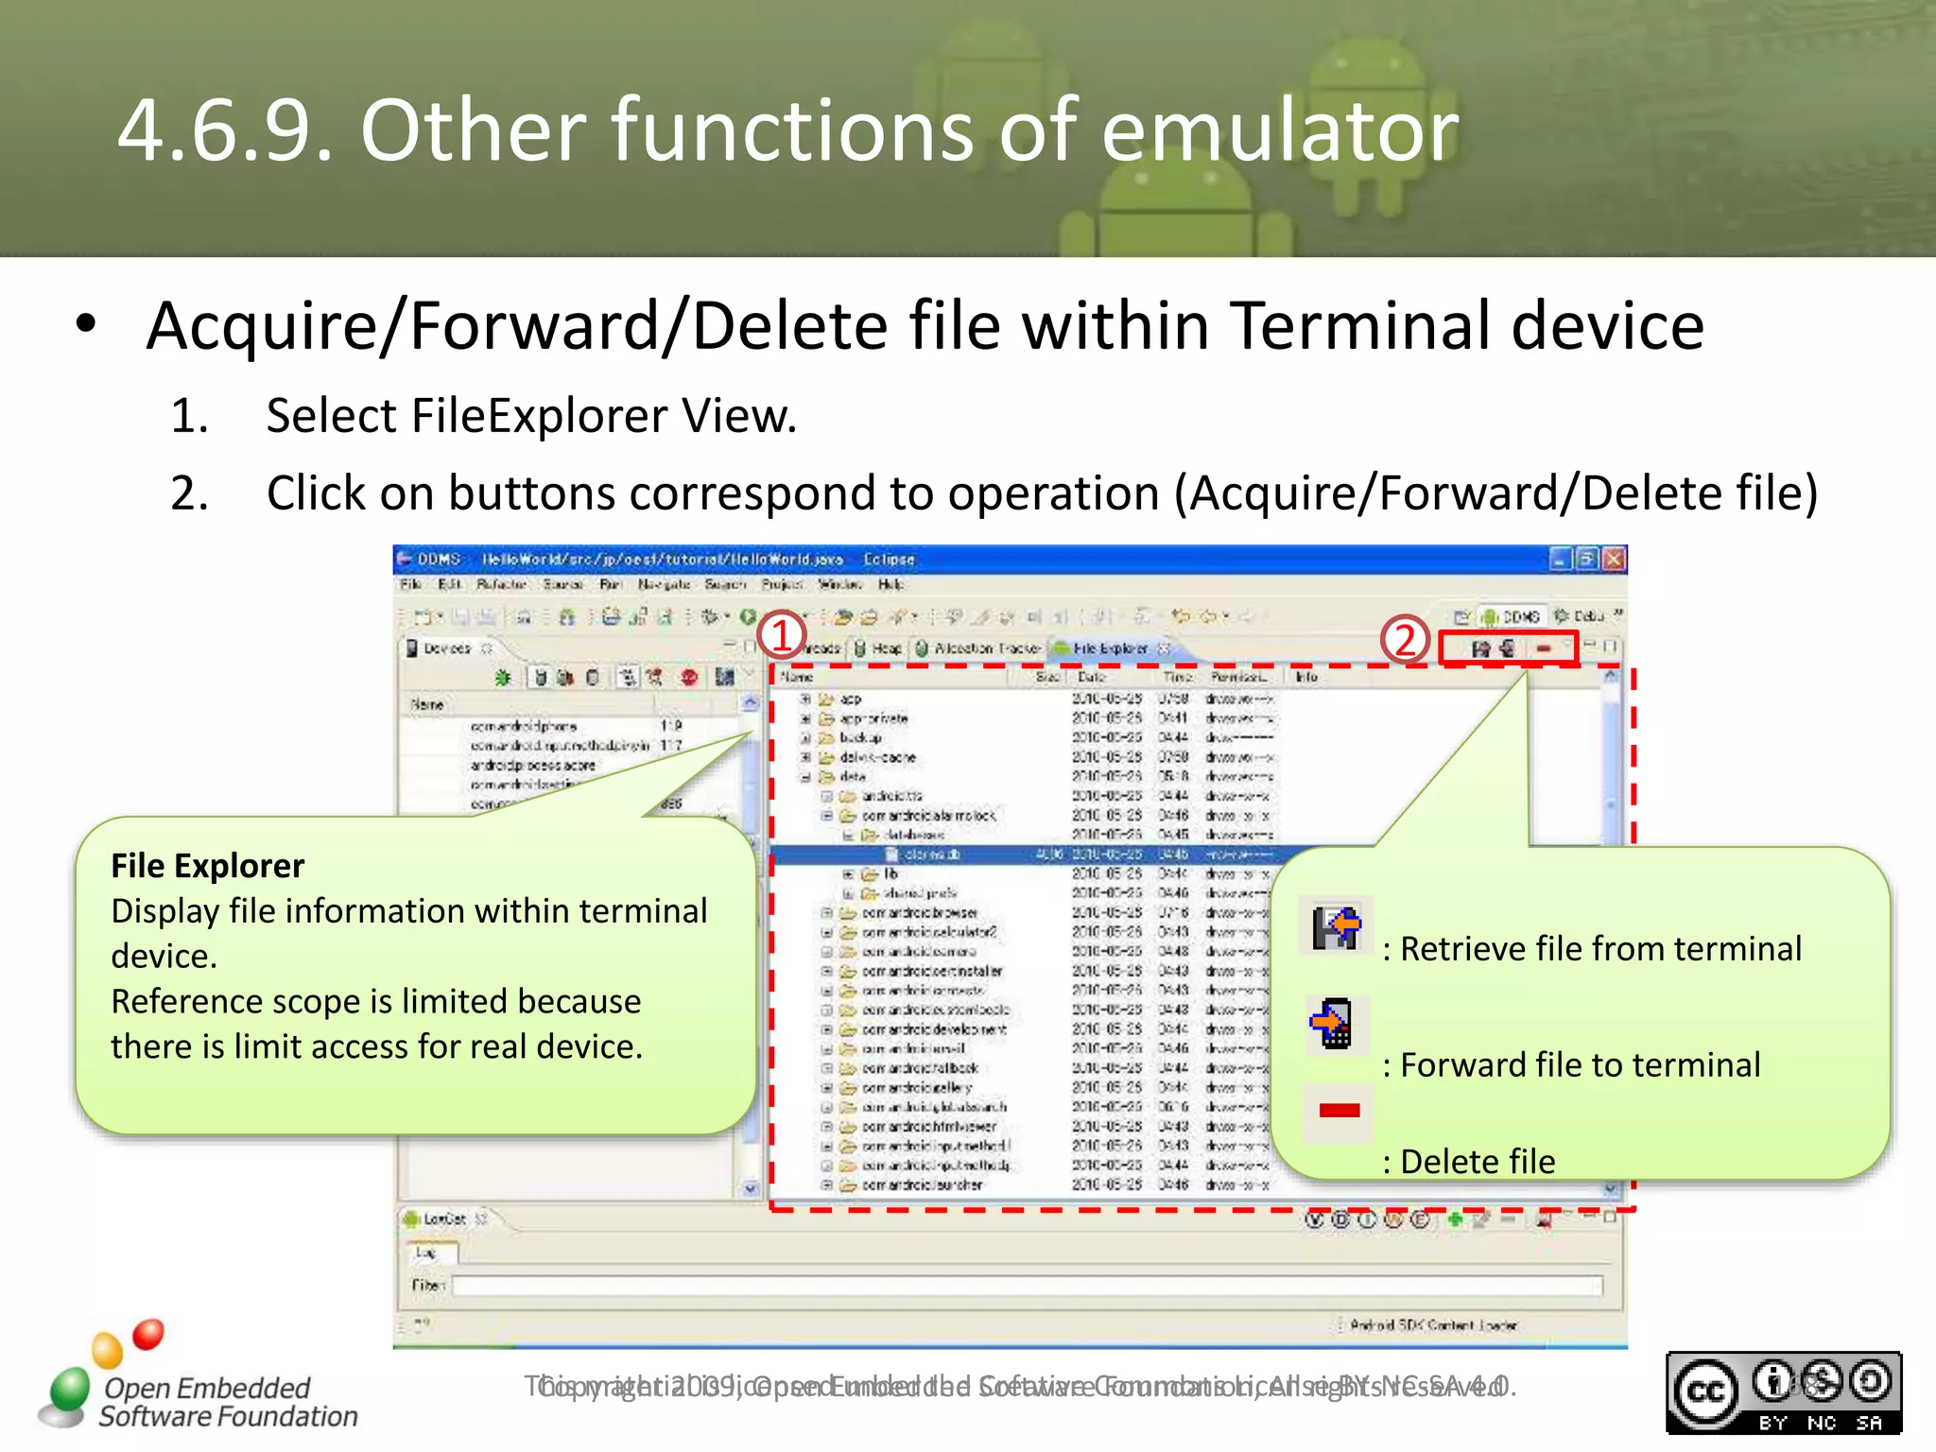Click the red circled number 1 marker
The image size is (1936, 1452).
pos(781,636)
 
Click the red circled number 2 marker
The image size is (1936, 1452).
pos(1405,640)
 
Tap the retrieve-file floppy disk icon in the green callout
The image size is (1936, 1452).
pos(1335,927)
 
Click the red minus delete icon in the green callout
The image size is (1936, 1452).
pos(1339,1111)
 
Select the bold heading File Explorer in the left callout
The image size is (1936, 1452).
pos(208,866)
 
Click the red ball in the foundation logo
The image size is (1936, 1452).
pos(147,1334)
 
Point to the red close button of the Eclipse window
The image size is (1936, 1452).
pos(1614,559)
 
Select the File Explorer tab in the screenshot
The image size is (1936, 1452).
pos(1109,648)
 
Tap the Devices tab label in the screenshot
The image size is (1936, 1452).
pos(446,648)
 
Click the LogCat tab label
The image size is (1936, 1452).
pos(443,1219)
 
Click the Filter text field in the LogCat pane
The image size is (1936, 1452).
pos(1026,1286)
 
